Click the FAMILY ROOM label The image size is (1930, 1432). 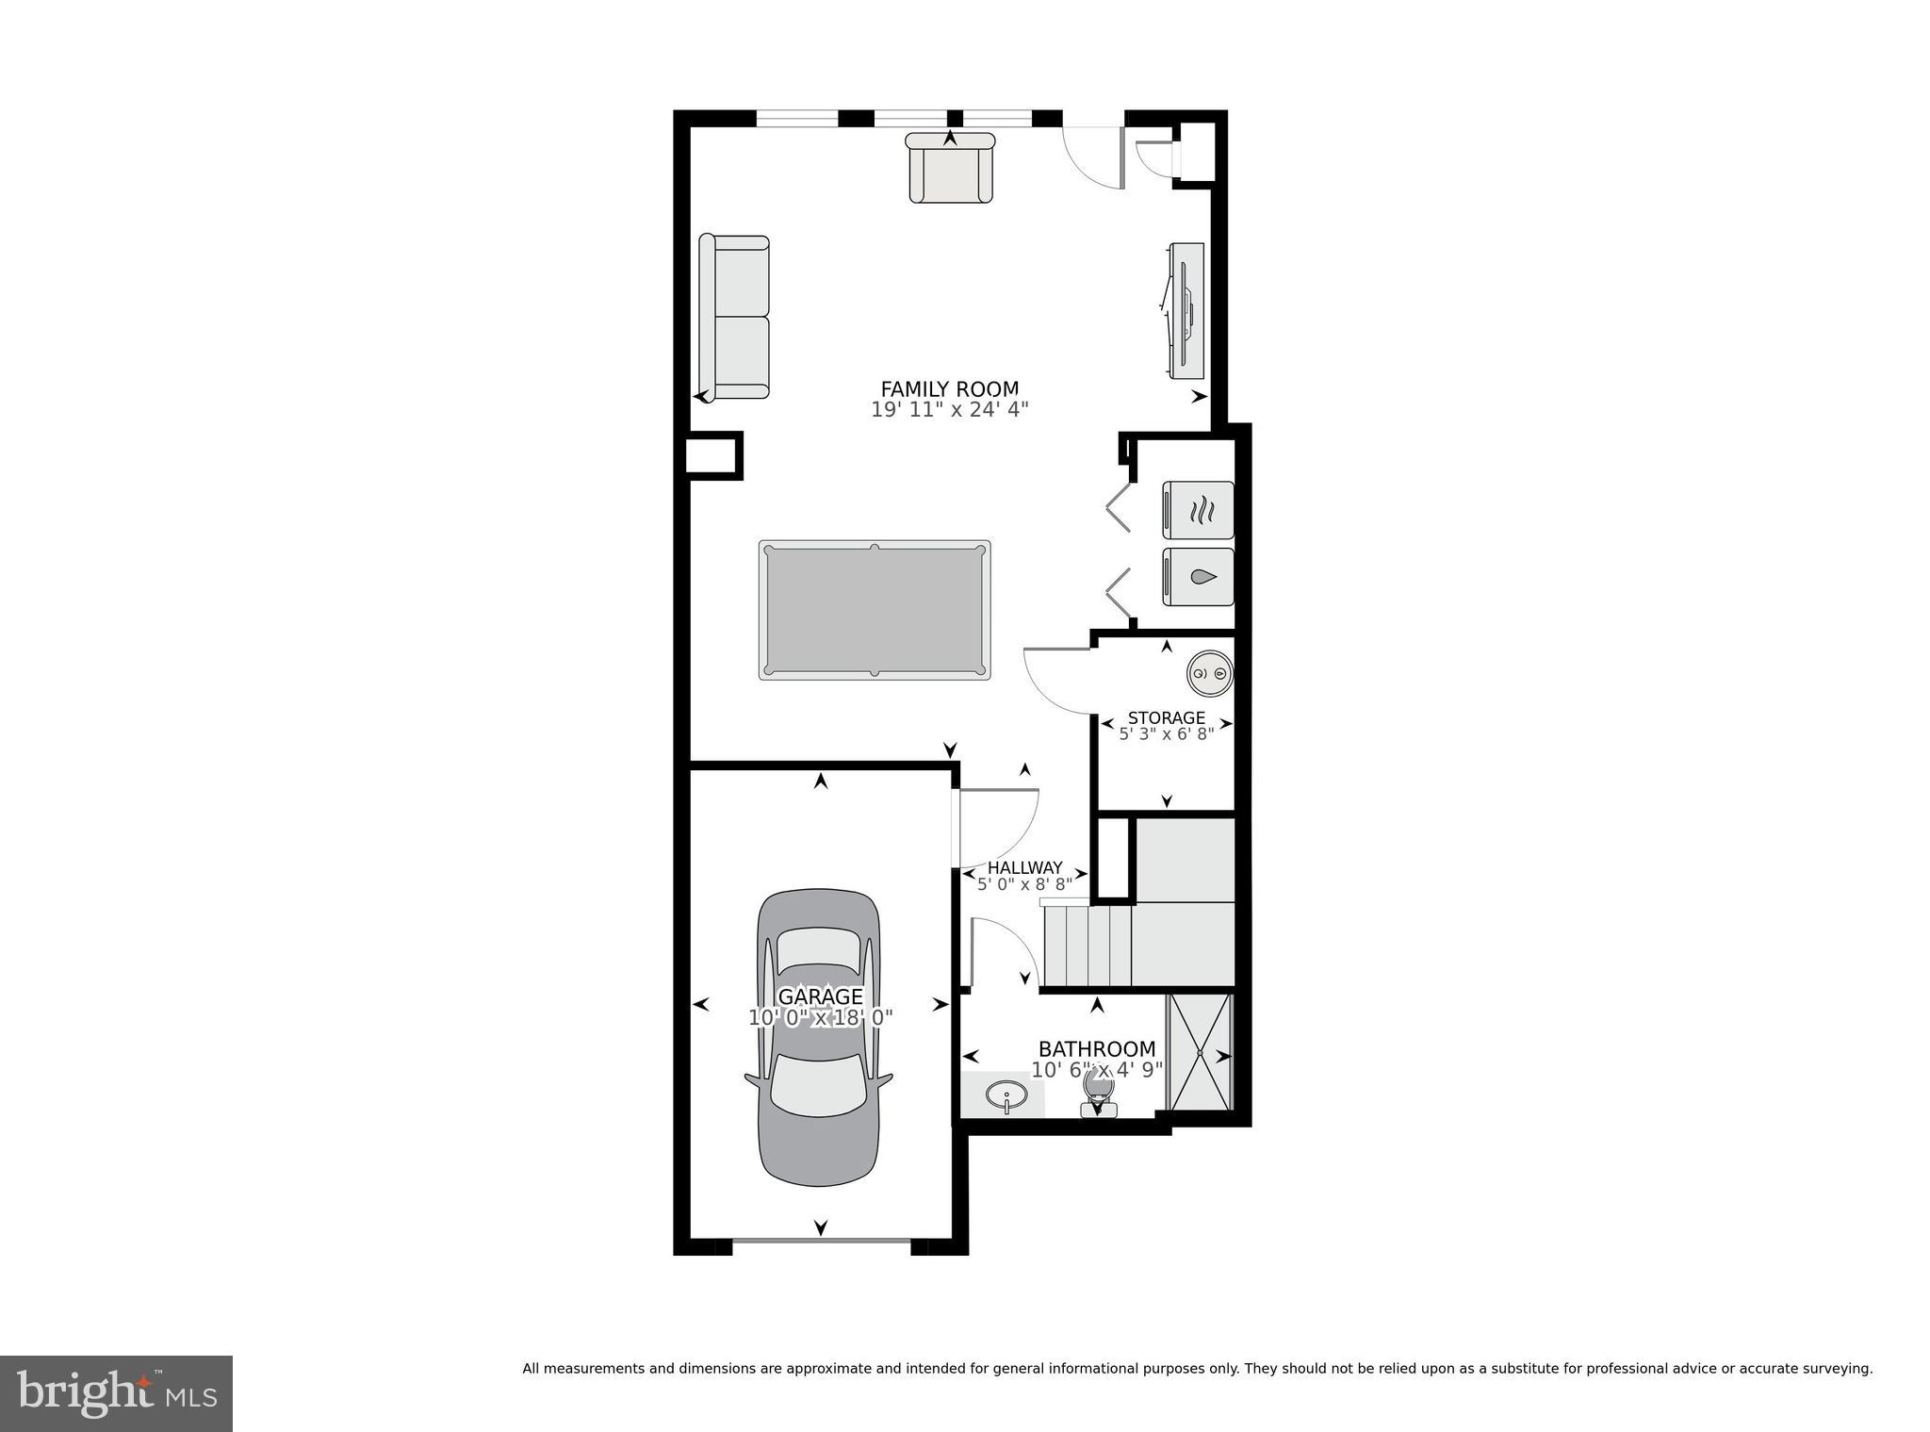[x=949, y=388]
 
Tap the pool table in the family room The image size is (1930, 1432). [x=875, y=610]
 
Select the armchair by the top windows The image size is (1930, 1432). [x=950, y=170]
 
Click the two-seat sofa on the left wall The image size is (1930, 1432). [x=734, y=318]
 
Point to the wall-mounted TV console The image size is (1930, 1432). [x=1186, y=310]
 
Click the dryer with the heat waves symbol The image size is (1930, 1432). [x=1199, y=510]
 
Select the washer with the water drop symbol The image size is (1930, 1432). [x=1199, y=576]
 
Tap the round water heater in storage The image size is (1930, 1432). [x=1209, y=673]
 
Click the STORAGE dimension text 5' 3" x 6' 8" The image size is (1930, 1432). [x=1166, y=733]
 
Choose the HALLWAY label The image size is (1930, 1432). [x=1024, y=867]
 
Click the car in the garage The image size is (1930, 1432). [x=819, y=1037]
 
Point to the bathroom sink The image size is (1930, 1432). [x=1006, y=1096]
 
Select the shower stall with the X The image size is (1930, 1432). [x=1200, y=1051]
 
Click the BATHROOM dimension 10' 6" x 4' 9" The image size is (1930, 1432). [x=1097, y=1070]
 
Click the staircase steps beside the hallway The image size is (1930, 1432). [x=1088, y=945]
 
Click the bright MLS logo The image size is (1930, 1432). [x=116, y=1393]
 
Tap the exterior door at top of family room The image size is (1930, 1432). [x=1093, y=156]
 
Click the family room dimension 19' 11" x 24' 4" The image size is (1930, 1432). [x=949, y=409]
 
